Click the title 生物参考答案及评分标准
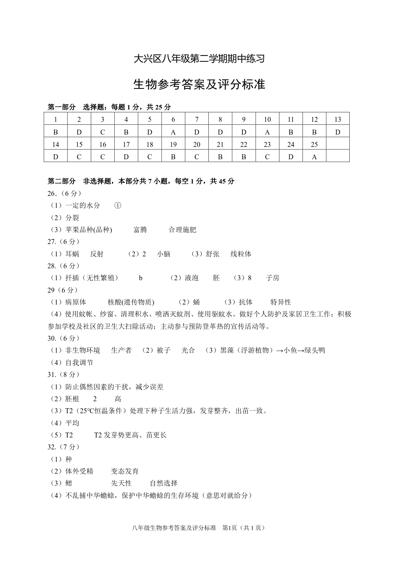pos(199,84)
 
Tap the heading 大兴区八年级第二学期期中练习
pos(199,59)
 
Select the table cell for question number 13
pos(338,119)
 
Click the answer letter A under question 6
pos(173,132)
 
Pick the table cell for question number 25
pos(314,144)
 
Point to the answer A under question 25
pos(314,156)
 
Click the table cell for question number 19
pos(173,144)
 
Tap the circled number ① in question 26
pos(118,205)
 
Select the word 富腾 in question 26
pos(140,230)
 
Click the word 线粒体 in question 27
pos(241,254)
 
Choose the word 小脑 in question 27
pos(164,254)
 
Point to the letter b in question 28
pos(141,278)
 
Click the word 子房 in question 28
pos(272,278)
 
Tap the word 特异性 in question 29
pos(281,302)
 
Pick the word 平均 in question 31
pos(72,423)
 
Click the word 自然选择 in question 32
pos(164,483)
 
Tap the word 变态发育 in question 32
pos(125,471)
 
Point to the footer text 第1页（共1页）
pos(243,528)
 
